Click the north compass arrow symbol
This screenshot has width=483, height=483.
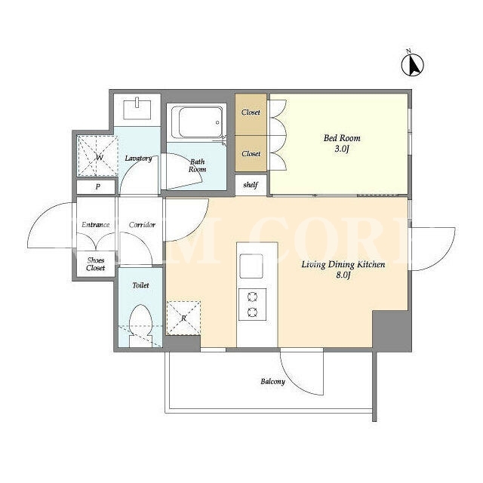click(x=413, y=64)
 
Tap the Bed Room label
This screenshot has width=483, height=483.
click(x=342, y=138)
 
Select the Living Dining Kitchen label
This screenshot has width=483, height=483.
click(x=343, y=264)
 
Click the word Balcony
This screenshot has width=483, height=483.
click(x=272, y=382)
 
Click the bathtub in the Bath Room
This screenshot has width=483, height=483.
click(x=198, y=122)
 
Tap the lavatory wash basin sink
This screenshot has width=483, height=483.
click(x=137, y=109)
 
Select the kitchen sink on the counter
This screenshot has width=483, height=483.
click(x=251, y=266)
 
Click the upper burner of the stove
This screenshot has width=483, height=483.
click(x=253, y=297)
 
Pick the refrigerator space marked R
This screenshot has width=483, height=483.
click(x=183, y=318)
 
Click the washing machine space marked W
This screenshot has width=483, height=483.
click(x=97, y=156)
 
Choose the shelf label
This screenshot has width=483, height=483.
click(x=251, y=185)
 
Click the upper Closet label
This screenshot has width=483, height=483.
click(x=251, y=112)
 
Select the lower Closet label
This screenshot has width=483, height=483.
click(x=251, y=153)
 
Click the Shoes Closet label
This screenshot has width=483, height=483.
click(x=96, y=264)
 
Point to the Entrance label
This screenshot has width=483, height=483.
click(x=96, y=225)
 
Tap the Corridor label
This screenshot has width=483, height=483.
click(x=142, y=225)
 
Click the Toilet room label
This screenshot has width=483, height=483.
click(x=140, y=285)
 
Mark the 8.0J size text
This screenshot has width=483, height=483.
click(x=343, y=275)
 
